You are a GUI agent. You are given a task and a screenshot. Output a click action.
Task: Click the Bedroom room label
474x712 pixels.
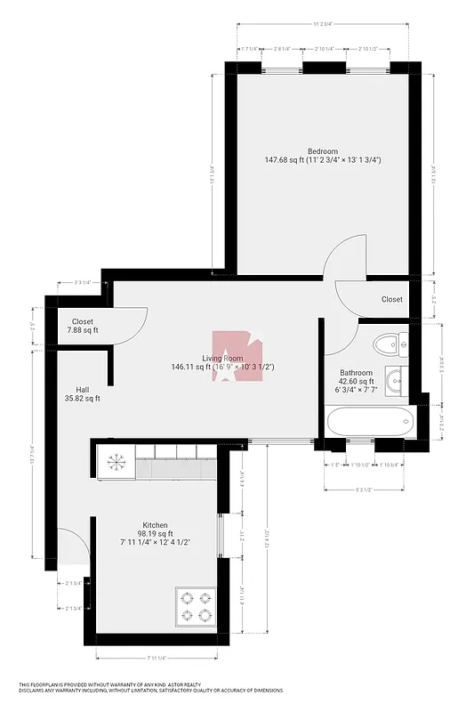322,150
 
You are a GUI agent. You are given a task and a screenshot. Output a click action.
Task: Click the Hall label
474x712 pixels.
82,389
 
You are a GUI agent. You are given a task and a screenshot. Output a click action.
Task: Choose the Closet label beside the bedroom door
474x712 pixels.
391,300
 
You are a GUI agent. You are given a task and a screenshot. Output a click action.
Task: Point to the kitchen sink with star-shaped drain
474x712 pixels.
116,463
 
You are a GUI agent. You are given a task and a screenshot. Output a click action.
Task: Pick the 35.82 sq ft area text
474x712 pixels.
81,399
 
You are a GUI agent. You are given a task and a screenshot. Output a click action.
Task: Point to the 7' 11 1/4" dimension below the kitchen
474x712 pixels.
156,659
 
